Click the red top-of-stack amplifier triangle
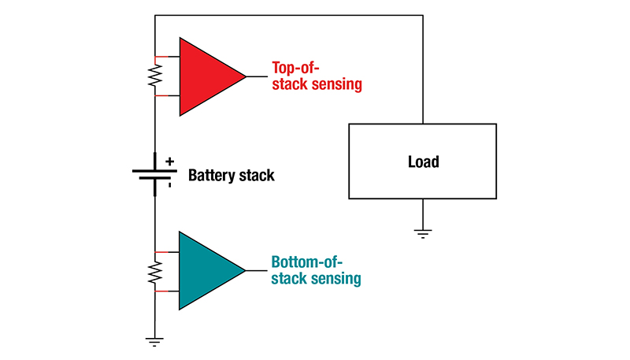coord(205,76)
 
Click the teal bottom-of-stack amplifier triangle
coord(204,270)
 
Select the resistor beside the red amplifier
coord(155,76)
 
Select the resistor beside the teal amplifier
coord(155,272)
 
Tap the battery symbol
coord(154,173)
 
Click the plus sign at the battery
coord(169,161)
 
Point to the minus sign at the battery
coord(169,187)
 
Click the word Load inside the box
coord(423,162)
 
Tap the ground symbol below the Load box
coord(423,232)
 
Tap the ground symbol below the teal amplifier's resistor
coord(155,341)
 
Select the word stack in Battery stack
coord(258,175)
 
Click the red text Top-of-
coord(296,68)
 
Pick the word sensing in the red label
coord(338,84)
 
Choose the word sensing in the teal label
coord(337,279)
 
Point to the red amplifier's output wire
coord(257,76)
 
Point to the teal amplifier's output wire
coord(257,270)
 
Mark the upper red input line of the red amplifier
coord(167,57)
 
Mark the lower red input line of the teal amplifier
coord(167,291)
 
